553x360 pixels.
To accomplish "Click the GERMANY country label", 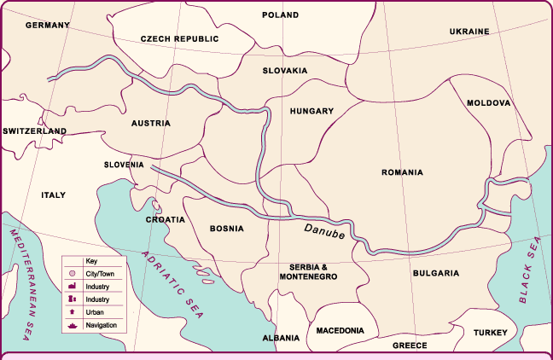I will tap(47, 26).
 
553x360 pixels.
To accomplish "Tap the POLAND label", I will tap(280, 15).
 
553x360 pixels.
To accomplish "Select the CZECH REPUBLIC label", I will tap(179, 39).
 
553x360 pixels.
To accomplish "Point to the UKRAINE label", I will tap(469, 32).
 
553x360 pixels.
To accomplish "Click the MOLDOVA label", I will tap(488, 102).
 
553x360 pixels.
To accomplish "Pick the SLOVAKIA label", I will tap(284, 71).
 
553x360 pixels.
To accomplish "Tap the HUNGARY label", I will tap(311, 111).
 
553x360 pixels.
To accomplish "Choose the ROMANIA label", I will tap(402, 172).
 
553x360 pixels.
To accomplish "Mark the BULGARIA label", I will tap(436, 274).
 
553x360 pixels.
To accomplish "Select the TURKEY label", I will tap(491, 333).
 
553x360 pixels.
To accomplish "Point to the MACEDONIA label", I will tap(340, 330).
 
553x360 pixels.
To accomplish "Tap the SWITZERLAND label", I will tap(34, 131).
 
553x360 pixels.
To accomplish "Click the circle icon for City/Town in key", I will tap(73, 274).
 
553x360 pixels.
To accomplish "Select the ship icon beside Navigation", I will tap(73, 325).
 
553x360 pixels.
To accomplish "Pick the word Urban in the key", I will tap(95, 313).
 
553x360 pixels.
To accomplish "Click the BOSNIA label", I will tap(226, 229).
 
